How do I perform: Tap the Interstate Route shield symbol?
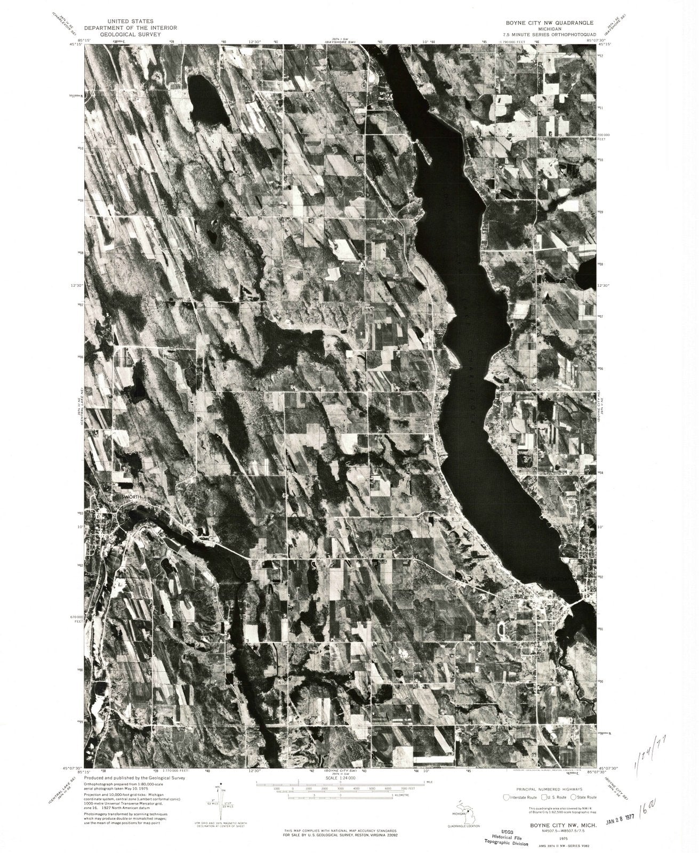(x=505, y=797)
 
